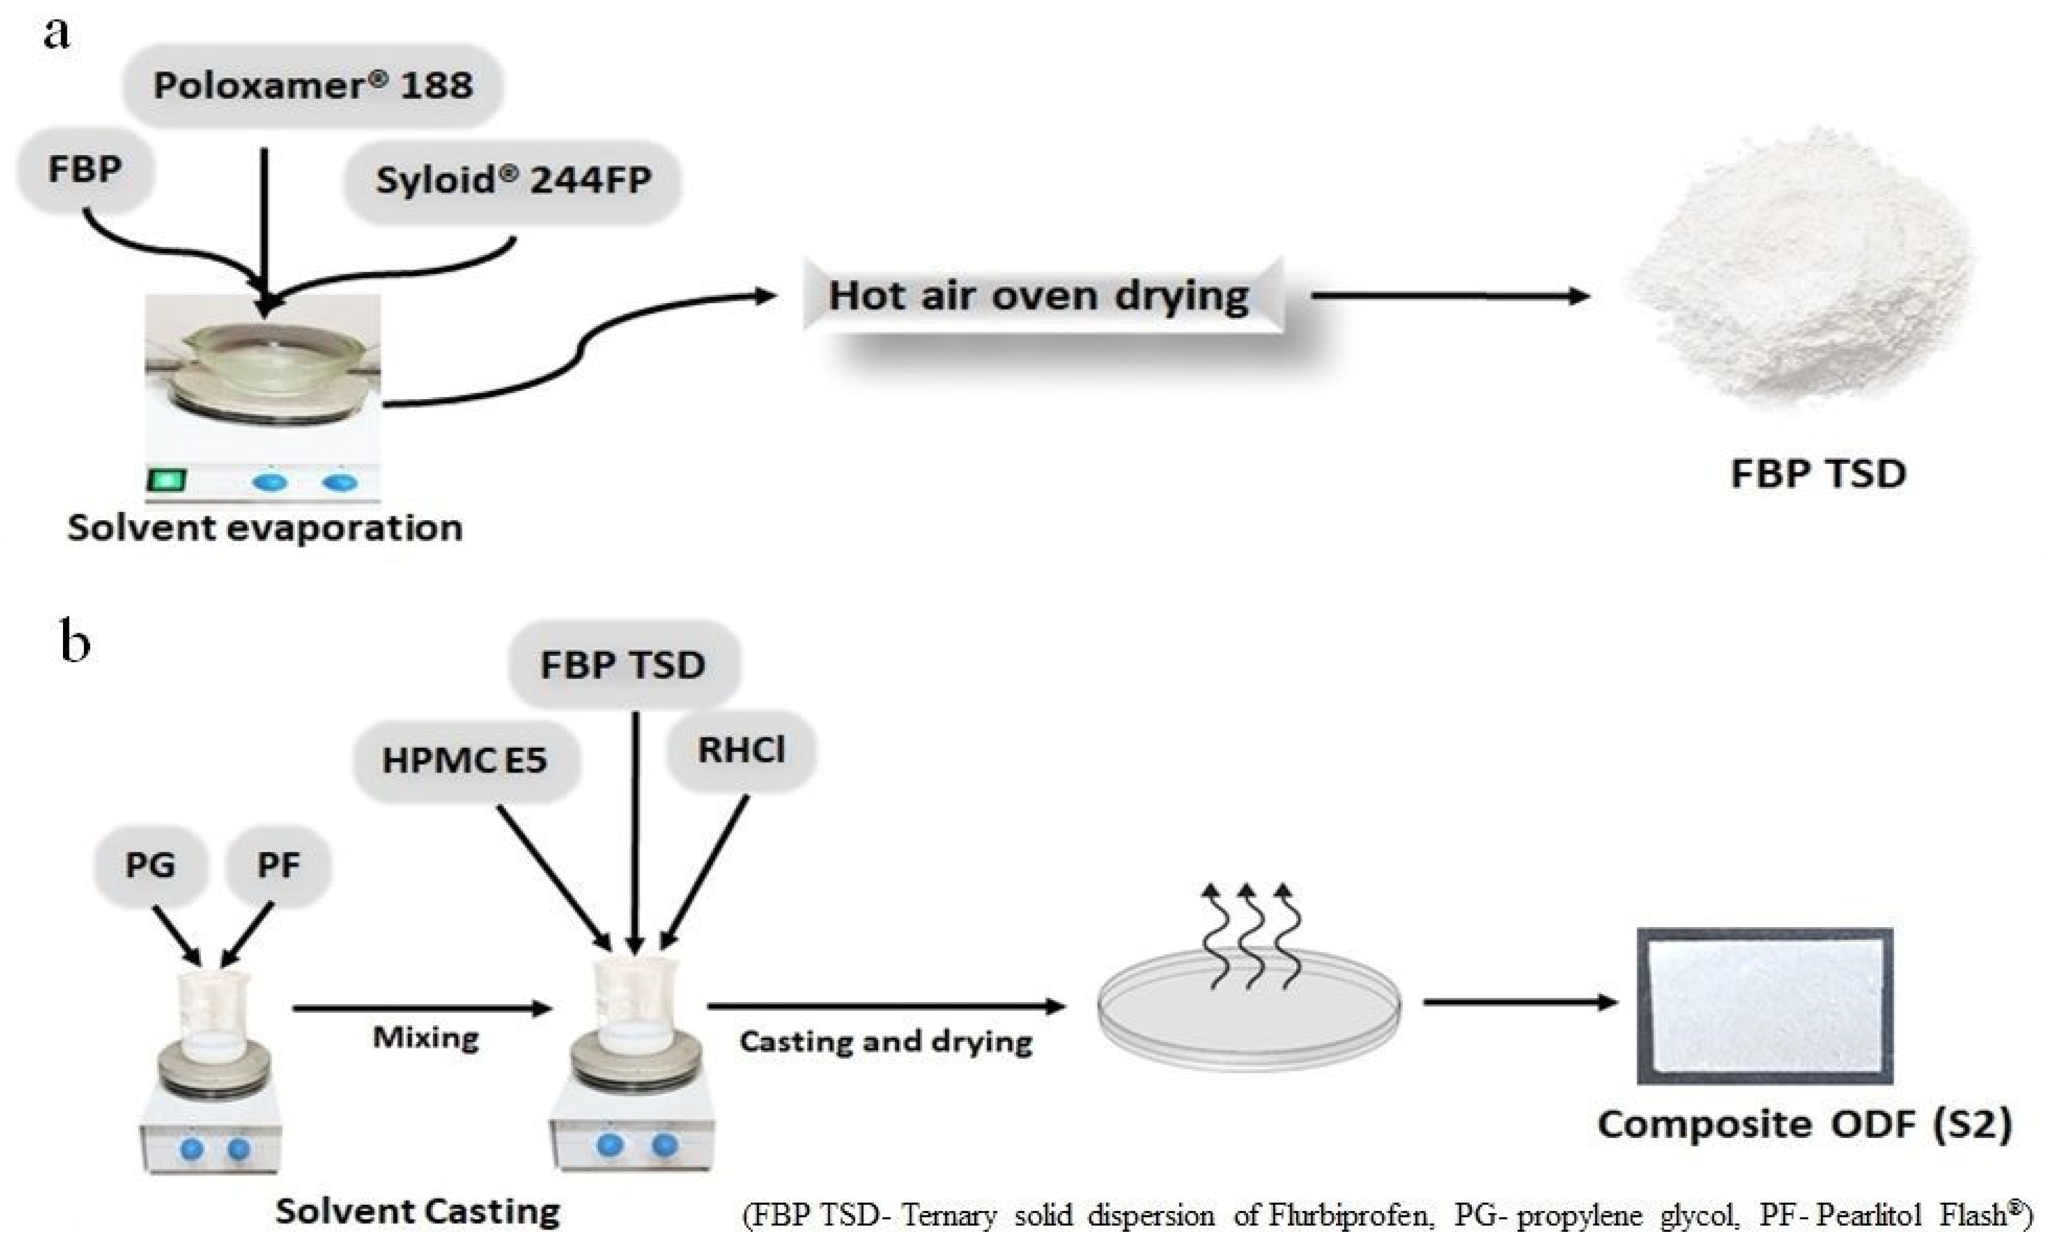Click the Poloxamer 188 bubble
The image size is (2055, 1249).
pyautogui.click(x=313, y=85)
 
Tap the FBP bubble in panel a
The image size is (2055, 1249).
pyautogui.click(x=85, y=170)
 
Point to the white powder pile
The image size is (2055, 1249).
pyautogui.click(x=1802, y=275)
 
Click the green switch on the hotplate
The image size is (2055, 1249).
pyautogui.click(x=167, y=480)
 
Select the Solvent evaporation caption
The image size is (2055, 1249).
pyautogui.click(x=265, y=528)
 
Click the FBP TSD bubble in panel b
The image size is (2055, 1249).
pyautogui.click(x=623, y=664)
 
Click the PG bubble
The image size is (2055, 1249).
pyautogui.click(x=150, y=865)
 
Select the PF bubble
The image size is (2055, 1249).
pyautogui.click(x=278, y=865)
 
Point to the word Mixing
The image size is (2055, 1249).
pyautogui.click(x=425, y=1038)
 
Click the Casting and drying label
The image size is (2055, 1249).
pyautogui.click(x=886, y=1041)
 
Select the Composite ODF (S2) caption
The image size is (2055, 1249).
pyautogui.click(x=1804, y=1124)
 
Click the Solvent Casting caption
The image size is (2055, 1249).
pyautogui.click(x=417, y=1211)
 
